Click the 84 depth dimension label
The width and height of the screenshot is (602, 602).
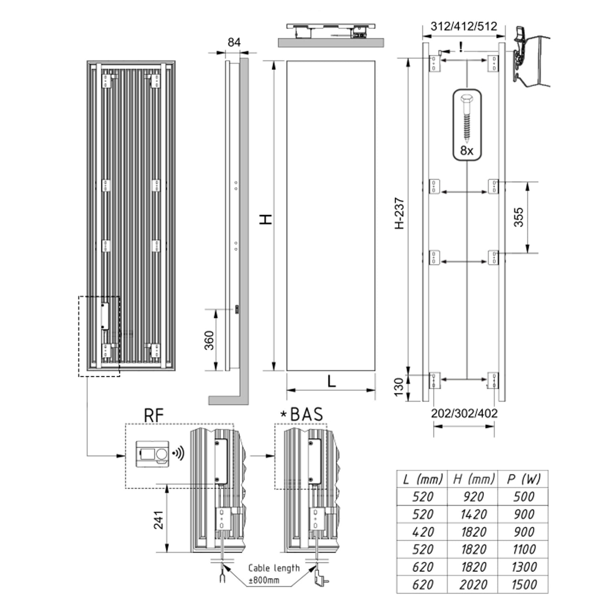pyautogui.click(x=234, y=42)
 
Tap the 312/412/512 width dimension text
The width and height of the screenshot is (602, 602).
pyautogui.click(x=464, y=26)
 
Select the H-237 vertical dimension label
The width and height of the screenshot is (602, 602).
pyautogui.click(x=399, y=213)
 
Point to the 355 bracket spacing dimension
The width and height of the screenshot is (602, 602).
pyautogui.click(x=519, y=217)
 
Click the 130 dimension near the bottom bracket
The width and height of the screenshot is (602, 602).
pyautogui.click(x=399, y=387)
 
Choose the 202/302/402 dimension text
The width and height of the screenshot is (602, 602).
pyautogui.click(x=464, y=413)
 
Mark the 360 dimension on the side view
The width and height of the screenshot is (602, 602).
pyautogui.click(x=209, y=340)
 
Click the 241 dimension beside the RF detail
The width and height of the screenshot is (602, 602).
pyautogui.click(x=159, y=520)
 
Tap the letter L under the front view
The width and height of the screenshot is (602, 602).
pyautogui.click(x=332, y=381)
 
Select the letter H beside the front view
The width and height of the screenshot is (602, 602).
pyautogui.click(x=266, y=219)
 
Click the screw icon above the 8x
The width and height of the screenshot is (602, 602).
pyautogui.click(x=467, y=119)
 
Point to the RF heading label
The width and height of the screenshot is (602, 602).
pyautogui.click(x=154, y=416)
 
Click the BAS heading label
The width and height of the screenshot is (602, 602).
pyautogui.click(x=306, y=415)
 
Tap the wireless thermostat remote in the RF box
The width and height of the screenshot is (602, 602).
pyautogui.click(x=152, y=454)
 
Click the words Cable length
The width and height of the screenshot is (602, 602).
pyautogui.click(x=274, y=568)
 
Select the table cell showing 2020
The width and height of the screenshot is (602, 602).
pyautogui.click(x=473, y=585)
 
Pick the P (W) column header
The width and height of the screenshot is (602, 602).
pyautogui.click(x=523, y=479)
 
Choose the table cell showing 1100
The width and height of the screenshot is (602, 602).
pyautogui.click(x=523, y=549)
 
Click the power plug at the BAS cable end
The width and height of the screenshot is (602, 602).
pyautogui.click(x=321, y=578)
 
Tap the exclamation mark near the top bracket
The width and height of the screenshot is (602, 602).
pyautogui.click(x=461, y=47)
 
